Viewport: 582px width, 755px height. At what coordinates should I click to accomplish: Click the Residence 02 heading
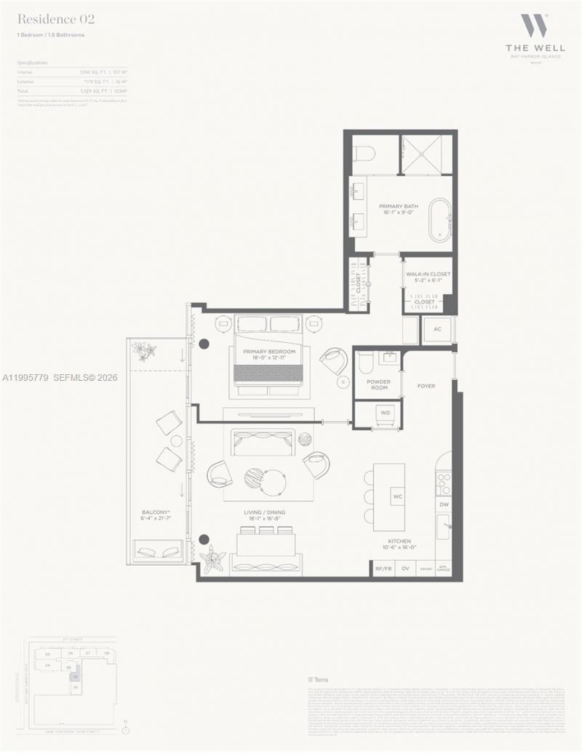click(56, 19)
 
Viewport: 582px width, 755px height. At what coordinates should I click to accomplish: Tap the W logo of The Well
click(530, 27)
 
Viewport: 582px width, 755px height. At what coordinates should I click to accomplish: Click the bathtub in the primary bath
click(440, 216)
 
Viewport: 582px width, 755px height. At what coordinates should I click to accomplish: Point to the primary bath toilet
click(365, 154)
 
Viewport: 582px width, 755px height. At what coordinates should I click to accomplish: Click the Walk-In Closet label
click(428, 277)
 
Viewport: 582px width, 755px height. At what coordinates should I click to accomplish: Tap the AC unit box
click(437, 330)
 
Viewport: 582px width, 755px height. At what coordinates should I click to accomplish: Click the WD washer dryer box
click(386, 413)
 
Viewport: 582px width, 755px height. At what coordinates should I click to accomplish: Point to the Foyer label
click(426, 386)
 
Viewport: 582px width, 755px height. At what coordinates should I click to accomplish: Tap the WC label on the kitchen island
click(398, 497)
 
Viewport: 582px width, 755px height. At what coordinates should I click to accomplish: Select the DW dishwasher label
click(444, 504)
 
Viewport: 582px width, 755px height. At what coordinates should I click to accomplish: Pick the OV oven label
click(405, 569)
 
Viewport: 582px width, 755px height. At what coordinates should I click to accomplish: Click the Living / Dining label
click(265, 513)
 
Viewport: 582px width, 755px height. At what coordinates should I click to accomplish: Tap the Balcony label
click(156, 515)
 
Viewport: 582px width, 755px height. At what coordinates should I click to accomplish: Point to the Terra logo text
click(319, 679)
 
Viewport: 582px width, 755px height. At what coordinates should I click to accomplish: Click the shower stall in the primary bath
click(426, 153)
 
